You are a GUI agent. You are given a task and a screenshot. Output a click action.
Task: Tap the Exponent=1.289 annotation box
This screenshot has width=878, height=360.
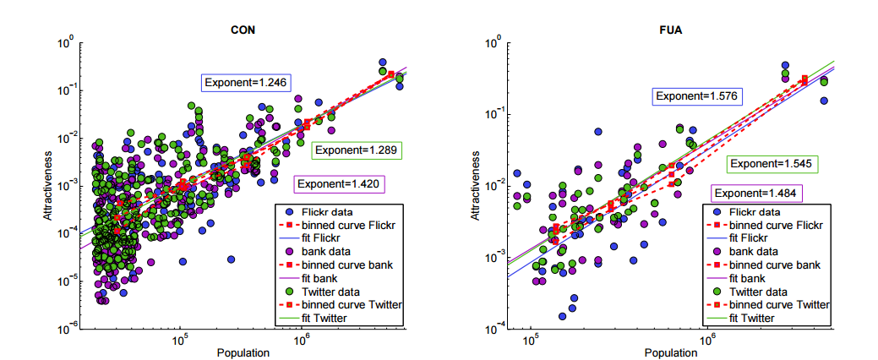point(355,150)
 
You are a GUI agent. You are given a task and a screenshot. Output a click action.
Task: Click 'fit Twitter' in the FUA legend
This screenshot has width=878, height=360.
point(755,317)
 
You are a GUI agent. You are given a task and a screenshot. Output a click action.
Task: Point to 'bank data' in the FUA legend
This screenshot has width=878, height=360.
point(755,251)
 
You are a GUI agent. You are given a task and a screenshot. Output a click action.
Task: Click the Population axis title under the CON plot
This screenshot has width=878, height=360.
point(243,352)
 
